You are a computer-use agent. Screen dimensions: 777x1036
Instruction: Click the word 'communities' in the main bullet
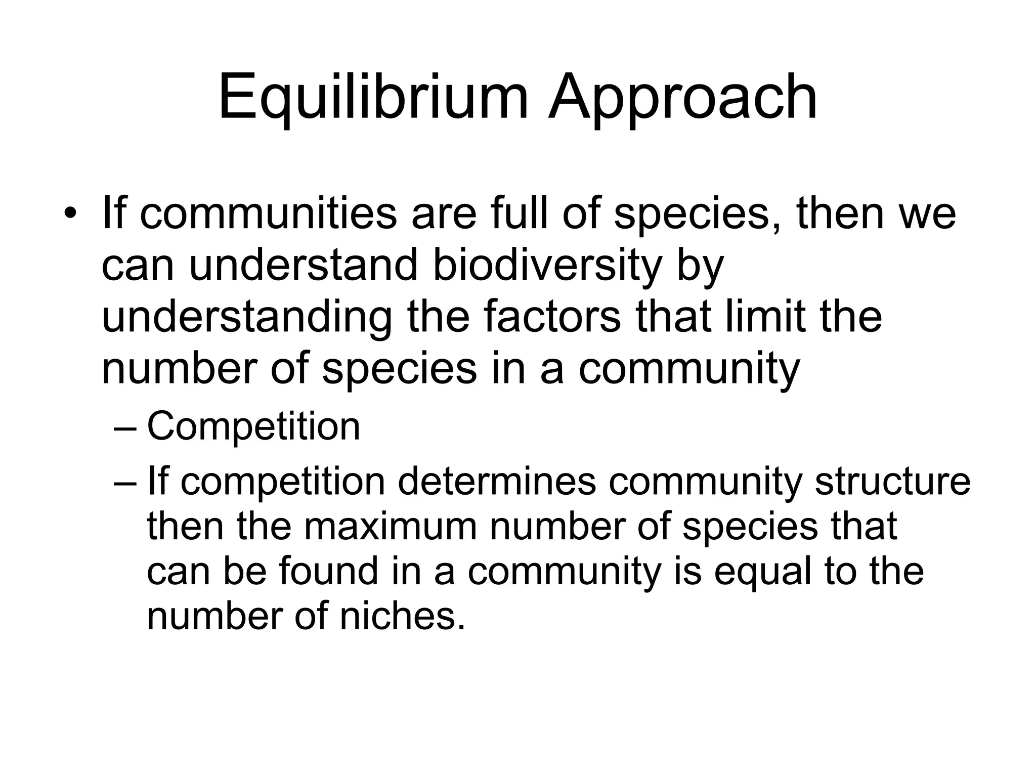click(268, 212)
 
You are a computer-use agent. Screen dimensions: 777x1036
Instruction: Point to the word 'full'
click(522, 212)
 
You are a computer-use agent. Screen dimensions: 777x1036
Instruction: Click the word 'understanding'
click(247, 317)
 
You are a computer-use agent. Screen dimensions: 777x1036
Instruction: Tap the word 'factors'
click(552, 317)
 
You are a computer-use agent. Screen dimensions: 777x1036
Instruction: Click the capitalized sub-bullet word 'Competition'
click(253, 426)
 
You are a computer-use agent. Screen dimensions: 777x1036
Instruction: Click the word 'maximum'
click(391, 526)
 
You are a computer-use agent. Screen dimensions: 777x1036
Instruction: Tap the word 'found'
click(329, 571)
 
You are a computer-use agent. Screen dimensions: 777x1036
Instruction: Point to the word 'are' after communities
click(444, 212)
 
